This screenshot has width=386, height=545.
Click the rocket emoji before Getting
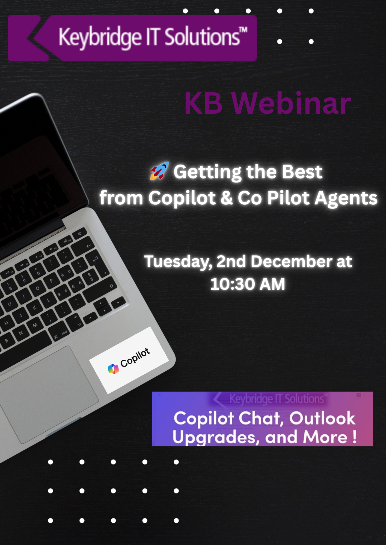(159, 171)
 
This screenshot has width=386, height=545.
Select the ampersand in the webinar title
(227, 198)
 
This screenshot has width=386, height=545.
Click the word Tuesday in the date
(178, 262)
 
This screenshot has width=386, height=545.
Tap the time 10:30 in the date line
(232, 284)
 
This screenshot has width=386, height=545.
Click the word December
(291, 262)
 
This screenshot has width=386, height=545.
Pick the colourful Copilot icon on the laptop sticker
(113, 369)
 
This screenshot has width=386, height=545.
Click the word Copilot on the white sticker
(135, 358)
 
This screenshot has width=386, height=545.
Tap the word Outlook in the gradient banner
(322, 418)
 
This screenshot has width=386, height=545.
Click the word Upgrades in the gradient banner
(214, 437)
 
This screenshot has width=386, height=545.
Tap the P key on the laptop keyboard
(51, 281)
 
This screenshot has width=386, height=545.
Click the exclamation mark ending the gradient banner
(354, 437)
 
